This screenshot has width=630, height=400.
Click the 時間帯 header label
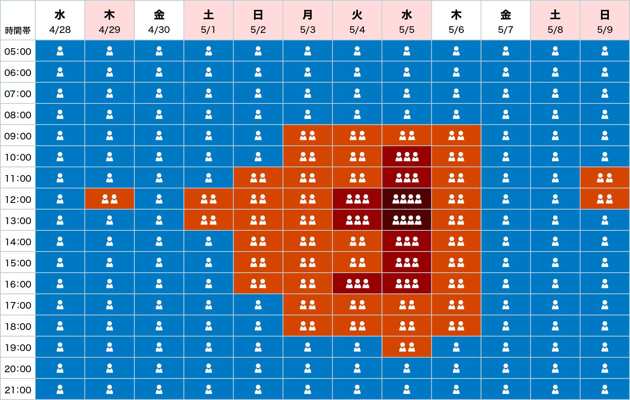point(18,31)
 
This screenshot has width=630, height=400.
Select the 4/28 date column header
point(60,20)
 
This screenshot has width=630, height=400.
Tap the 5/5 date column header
point(407,20)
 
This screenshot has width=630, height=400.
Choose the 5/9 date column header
point(605,20)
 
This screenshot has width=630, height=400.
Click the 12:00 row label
point(18,200)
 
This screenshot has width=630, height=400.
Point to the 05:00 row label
point(18,52)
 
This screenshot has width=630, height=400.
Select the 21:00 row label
point(18,390)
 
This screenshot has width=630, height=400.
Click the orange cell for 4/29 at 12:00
point(109,199)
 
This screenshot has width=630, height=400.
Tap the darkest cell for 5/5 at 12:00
point(407,199)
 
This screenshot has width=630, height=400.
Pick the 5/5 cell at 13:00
point(407,221)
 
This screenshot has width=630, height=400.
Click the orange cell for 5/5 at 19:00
point(407,348)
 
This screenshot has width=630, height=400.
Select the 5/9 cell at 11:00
point(605,178)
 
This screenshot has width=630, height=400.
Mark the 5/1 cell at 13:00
point(209,221)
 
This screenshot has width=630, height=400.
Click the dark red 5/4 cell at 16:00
point(357,284)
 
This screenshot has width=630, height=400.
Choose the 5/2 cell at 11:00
point(258,178)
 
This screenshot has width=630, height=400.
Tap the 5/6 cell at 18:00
point(456,326)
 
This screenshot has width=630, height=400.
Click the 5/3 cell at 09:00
point(308,136)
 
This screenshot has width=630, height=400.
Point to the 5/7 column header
point(506,20)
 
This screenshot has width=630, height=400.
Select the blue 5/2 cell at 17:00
point(258,305)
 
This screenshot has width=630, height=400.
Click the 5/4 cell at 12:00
point(357,199)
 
